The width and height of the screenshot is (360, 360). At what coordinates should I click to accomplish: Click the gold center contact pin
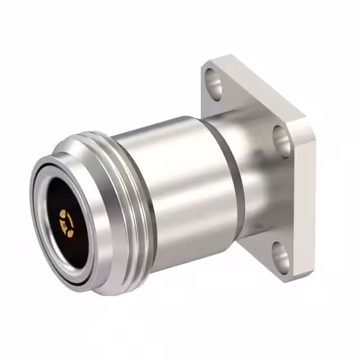click(x=66, y=223)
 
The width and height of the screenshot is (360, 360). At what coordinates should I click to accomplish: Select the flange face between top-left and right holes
click(x=247, y=107)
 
